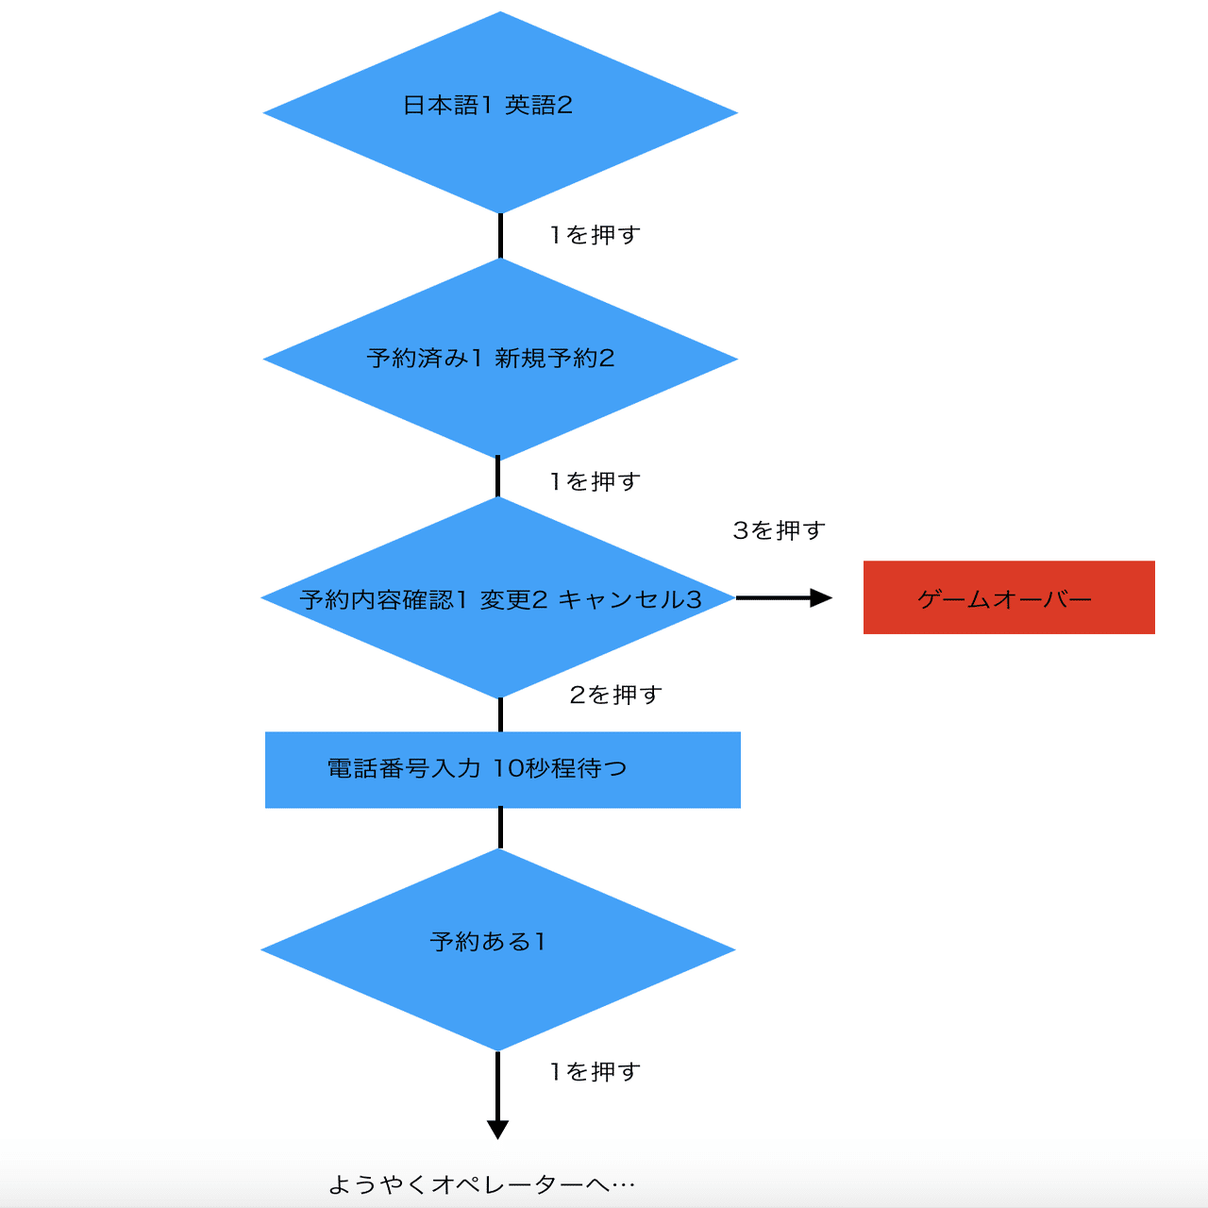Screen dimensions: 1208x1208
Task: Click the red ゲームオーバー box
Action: coord(1008,597)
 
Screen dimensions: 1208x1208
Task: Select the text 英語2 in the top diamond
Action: coord(539,105)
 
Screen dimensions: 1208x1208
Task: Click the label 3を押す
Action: coord(779,530)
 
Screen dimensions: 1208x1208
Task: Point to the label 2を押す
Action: coord(615,695)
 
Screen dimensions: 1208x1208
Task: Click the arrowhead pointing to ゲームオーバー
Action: coord(820,597)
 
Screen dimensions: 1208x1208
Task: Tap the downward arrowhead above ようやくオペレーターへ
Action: coord(497,1129)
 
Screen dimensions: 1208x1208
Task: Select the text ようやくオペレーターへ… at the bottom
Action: coord(481,1184)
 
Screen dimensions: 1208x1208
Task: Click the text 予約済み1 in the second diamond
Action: coord(425,358)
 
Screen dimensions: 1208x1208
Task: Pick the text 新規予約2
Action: coord(555,358)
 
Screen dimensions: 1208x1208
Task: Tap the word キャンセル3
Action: coord(629,599)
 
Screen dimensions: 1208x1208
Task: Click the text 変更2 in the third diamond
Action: coord(513,599)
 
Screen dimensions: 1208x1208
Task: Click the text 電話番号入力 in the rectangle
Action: coord(404,768)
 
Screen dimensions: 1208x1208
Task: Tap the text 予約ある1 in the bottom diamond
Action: coord(488,941)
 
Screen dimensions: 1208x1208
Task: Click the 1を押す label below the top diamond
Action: coord(595,234)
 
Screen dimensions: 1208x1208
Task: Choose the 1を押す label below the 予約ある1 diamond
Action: coord(595,1071)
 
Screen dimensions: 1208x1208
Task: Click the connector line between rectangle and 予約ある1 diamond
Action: coord(500,828)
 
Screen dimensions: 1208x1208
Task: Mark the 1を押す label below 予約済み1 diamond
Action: coord(595,481)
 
